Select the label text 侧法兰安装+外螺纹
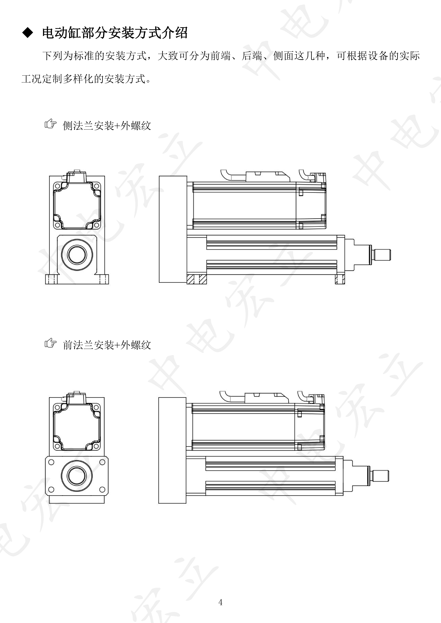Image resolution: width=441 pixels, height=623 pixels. click(107, 126)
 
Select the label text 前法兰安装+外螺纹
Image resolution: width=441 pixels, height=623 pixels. click(107, 345)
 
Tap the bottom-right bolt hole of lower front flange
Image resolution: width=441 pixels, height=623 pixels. click(102, 490)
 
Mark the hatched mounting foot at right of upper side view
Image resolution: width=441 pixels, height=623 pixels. click(340, 279)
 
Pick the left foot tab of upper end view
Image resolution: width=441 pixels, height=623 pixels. click(51, 279)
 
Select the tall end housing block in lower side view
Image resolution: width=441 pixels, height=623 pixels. click(172, 450)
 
